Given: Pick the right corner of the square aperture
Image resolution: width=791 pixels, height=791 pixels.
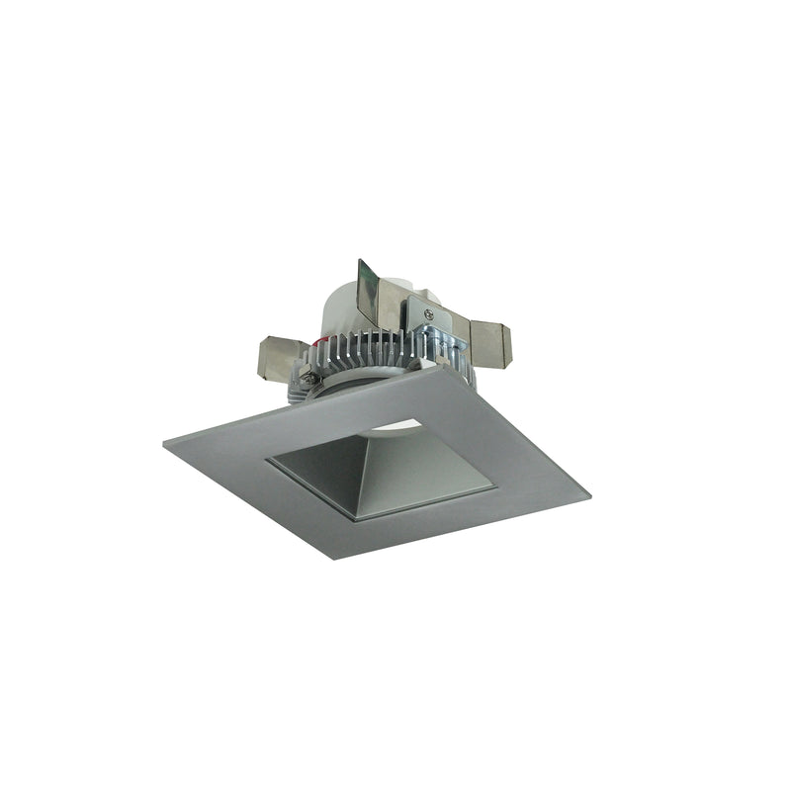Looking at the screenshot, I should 494,485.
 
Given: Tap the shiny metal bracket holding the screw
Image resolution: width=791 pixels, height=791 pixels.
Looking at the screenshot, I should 440,321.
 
